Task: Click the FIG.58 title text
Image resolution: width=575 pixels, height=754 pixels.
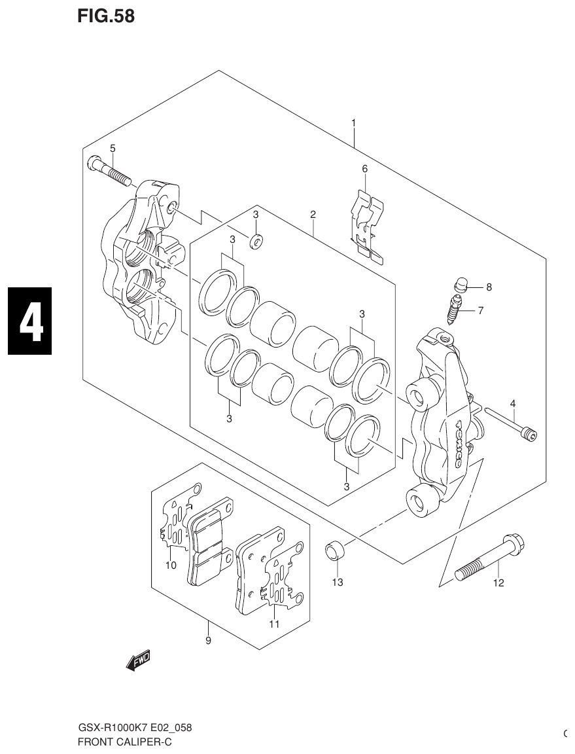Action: click(106, 16)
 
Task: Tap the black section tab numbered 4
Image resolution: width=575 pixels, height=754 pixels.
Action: click(29, 321)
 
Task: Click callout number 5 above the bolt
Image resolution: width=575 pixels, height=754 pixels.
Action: click(113, 149)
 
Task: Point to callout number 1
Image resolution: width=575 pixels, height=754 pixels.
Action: click(353, 122)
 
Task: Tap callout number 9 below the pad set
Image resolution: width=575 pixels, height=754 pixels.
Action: click(208, 641)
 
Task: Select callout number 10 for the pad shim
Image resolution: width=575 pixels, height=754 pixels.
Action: click(171, 565)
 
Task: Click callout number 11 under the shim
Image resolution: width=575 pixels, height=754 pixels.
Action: click(274, 624)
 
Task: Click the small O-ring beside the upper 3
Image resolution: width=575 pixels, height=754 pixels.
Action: click(256, 242)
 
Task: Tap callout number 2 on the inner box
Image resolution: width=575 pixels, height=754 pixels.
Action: click(313, 214)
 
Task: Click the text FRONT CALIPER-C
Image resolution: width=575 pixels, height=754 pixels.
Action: click(125, 742)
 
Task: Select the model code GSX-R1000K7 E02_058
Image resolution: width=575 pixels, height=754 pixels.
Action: click(135, 728)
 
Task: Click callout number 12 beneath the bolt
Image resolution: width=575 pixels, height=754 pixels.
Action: click(498, 583)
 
